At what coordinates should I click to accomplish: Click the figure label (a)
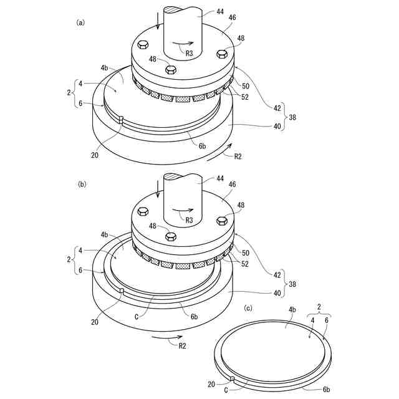[80, 22]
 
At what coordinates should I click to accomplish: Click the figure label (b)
[82, 185]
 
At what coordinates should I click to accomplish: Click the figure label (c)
[248, 309]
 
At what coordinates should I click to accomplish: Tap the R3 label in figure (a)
[189, 53]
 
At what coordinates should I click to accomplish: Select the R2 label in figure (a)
[238, 156]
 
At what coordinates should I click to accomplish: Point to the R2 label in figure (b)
[182, 346]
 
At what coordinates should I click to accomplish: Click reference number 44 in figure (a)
[220, 11]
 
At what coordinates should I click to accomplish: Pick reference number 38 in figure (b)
[292, 284]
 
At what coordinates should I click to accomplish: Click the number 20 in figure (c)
[211, 384]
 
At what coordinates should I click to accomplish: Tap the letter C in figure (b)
[137, 317]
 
